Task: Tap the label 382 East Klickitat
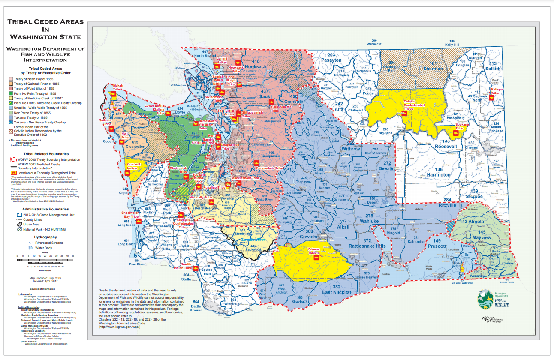pyautogui.click(x=337, y=290)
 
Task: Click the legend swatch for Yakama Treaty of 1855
pyautogui.click(x=12, y=117)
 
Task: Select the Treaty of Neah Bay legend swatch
pyautogui.click(x=12, y=79)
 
